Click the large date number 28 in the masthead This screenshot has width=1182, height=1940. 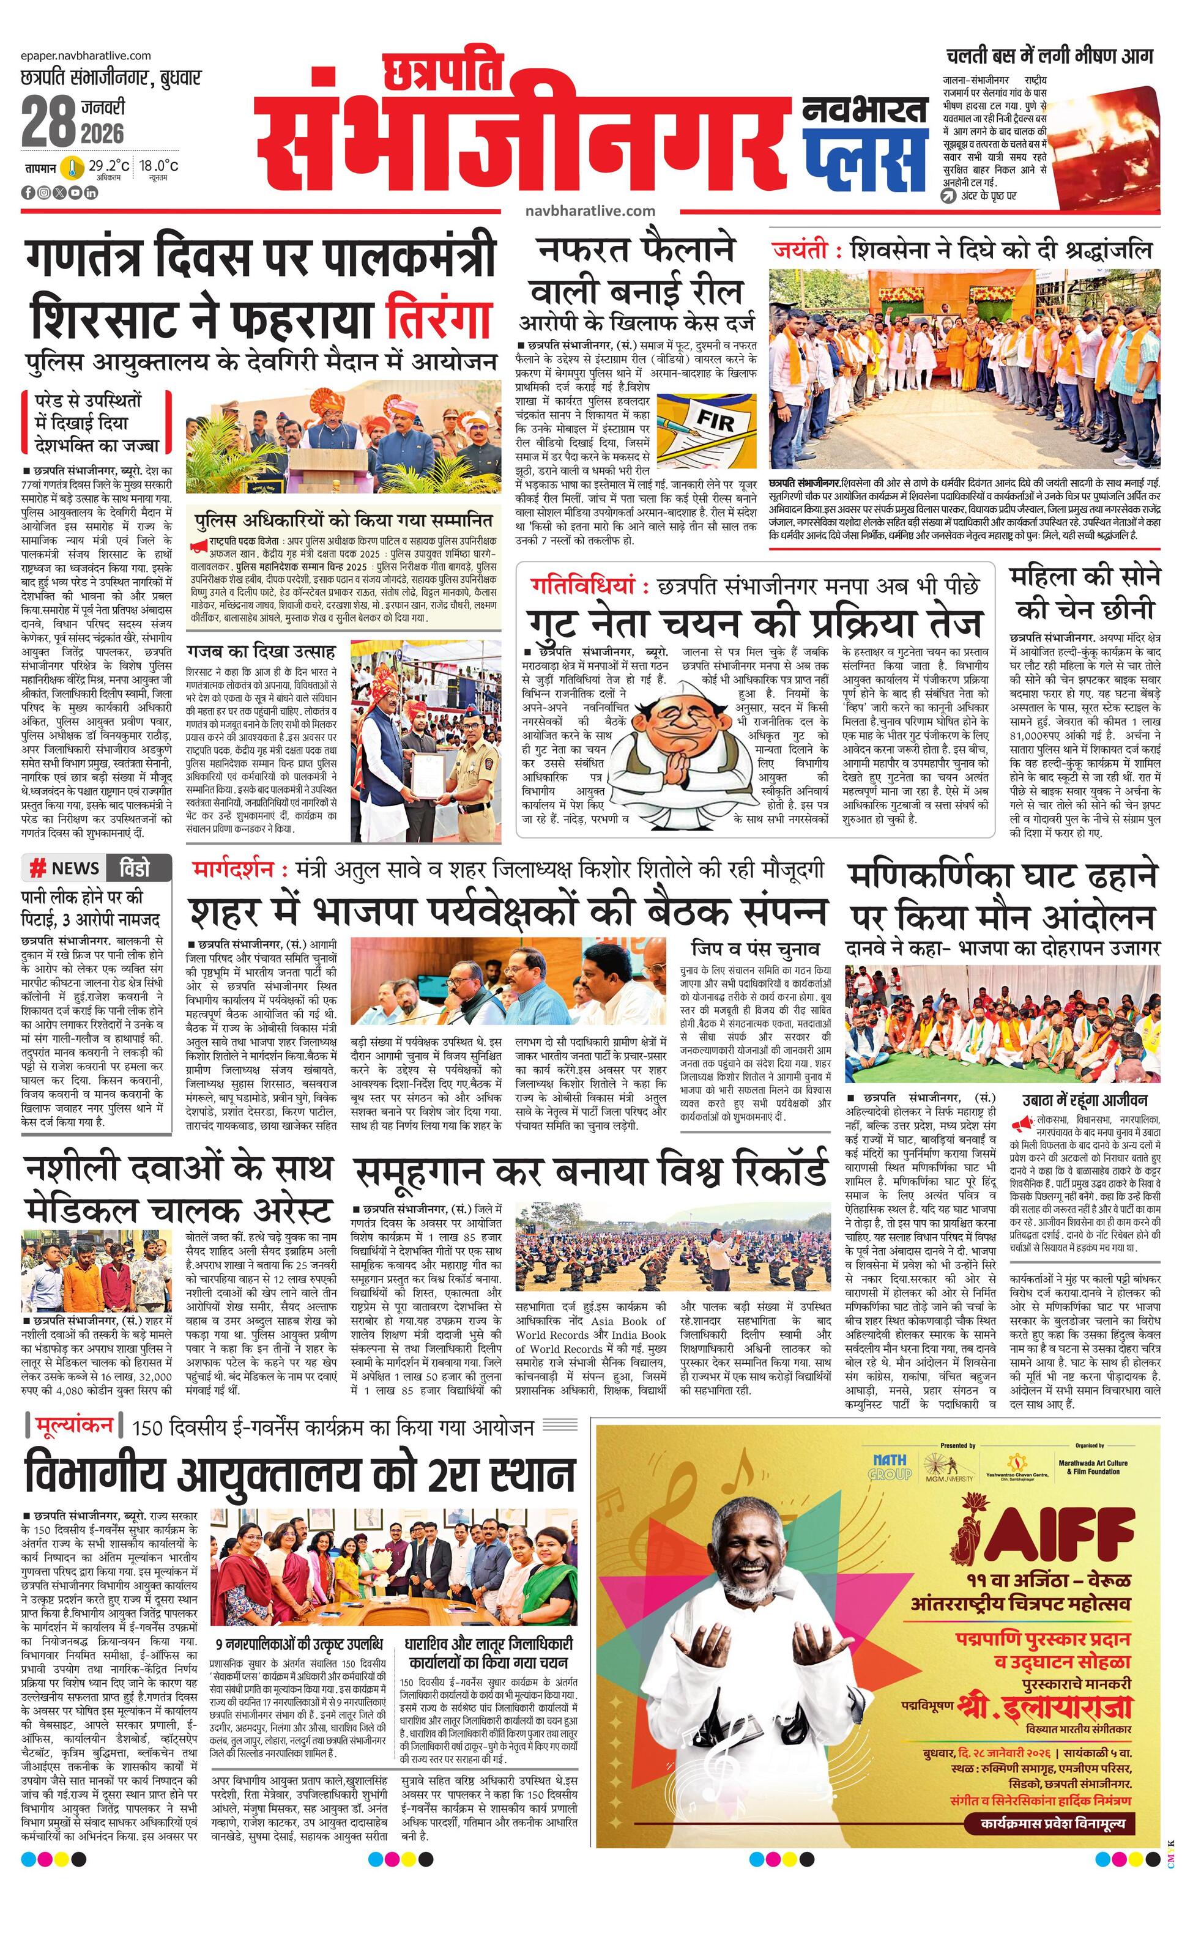click(49, 120)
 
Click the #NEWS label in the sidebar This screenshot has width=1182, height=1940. click(65, 868)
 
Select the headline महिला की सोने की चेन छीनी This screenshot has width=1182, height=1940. click(1084, 592)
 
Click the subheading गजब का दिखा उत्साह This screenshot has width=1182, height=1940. click(261, 651)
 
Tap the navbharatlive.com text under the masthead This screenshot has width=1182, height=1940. click(590, 210)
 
